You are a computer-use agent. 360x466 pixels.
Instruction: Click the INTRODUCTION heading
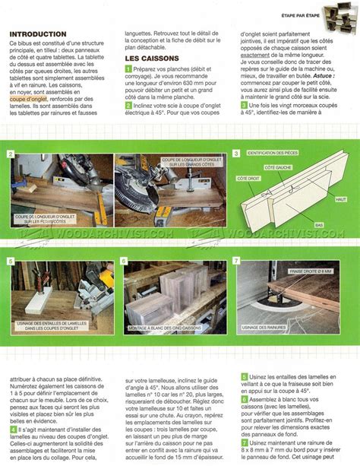36,35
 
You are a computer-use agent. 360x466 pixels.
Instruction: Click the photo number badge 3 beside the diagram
236,154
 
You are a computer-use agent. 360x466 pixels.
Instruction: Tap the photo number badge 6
124,260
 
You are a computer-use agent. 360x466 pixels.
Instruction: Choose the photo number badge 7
236,260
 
